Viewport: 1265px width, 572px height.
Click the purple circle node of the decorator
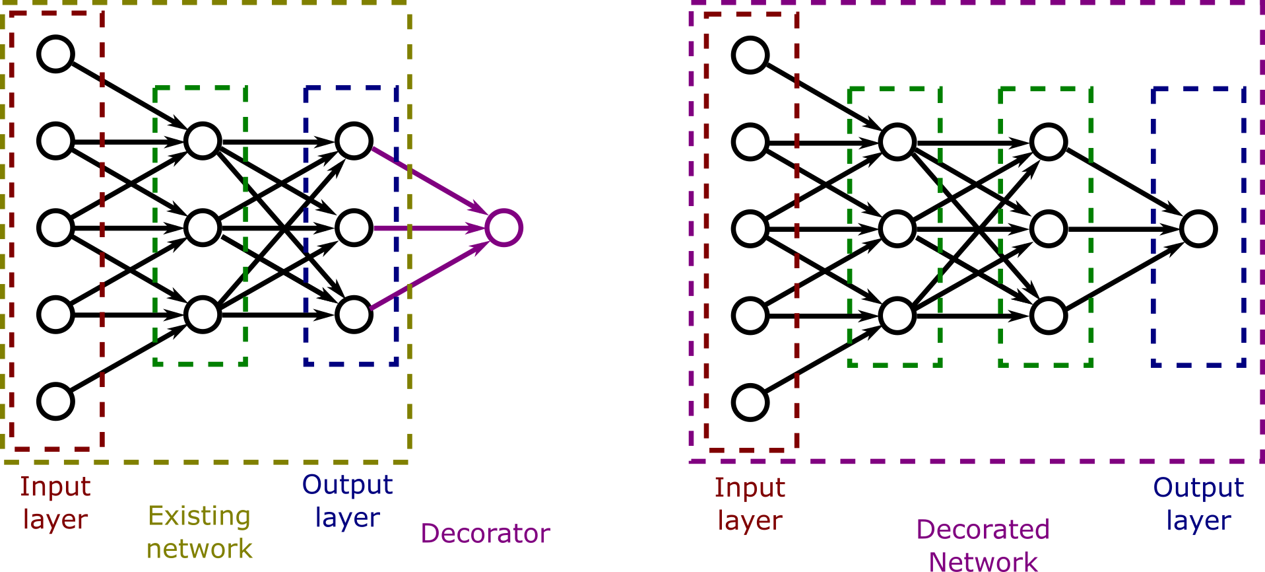tap(504, 228)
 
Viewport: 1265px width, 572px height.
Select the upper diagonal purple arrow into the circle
tap(429, 180)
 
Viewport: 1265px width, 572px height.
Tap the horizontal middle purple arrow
tap(429, 228)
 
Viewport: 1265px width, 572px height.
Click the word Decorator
tap(486, 534)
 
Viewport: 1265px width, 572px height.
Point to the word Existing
tap(199, 517)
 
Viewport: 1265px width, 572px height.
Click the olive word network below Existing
tap(199, 549)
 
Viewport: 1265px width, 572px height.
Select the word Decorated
tap(983, 530)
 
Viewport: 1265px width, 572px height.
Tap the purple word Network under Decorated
tap(983, 562)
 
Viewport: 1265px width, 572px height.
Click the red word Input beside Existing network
tap(55, 487)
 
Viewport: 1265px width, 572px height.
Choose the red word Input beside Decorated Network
tap(750, 488)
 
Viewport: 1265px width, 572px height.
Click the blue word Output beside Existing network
tap(348, 485)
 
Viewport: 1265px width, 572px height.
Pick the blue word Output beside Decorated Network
tap(1198, 488)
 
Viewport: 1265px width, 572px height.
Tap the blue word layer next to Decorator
tap(348, 518)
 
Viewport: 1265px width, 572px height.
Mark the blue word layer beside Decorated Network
tap(1198, 521)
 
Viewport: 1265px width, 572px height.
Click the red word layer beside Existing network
tap(55, 520)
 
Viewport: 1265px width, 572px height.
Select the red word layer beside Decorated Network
tap(750, 521)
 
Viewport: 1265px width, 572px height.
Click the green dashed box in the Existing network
tap(155, 225)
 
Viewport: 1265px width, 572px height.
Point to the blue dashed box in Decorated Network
tap(1153, 225)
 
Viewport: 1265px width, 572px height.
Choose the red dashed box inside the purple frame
tap(707, 231)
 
